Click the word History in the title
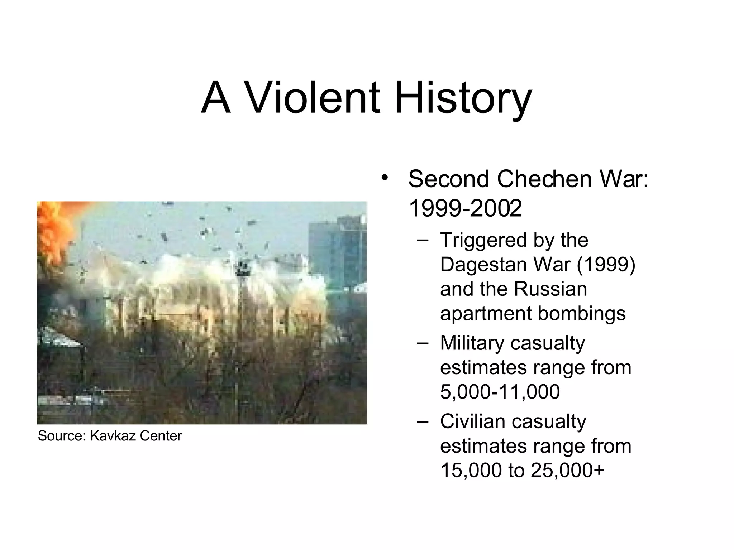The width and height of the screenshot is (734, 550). [463, 97]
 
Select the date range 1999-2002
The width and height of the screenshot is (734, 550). [465, 208]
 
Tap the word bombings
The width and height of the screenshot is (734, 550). [582, 313]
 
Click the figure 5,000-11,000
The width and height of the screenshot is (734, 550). [500, 391]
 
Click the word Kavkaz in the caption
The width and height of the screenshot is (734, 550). [113, 436]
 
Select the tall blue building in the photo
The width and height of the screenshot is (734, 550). [337, 251]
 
